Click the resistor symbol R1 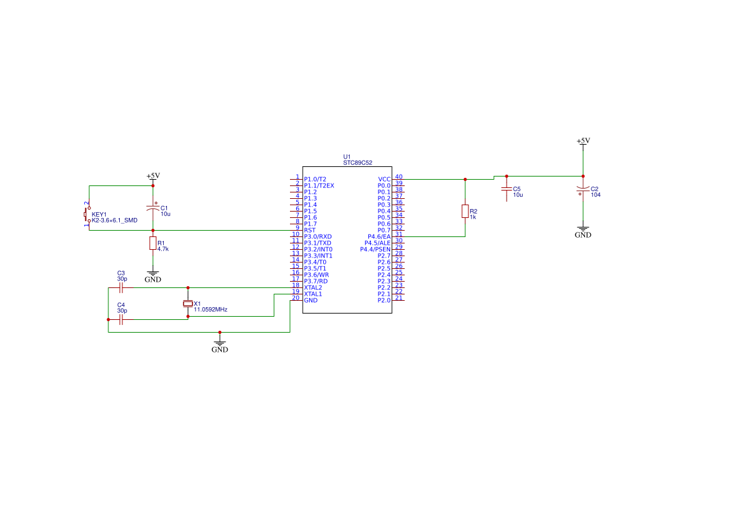click(x=153, y=243)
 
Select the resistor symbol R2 click(x=465, y=212)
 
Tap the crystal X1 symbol click(x=187, y=303)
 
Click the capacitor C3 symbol click(x=121, y=287)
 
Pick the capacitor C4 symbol click(x=121, y=319)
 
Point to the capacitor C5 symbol click(x=507, y=189)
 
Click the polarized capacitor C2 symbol click(x=582, y=189)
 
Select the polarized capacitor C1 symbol click(x=153, y=208)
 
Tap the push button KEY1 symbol click(x=87, y=214)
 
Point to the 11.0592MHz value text click(x=210, y=310)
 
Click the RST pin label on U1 click(x=310, y=230)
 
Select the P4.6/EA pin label click(x=379, y=236)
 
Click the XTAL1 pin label click(x=313, y=294)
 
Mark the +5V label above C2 click(x=582, y=141)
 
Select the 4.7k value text click(x=163, y=249)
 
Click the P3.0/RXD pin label click(x=318, y=236)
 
